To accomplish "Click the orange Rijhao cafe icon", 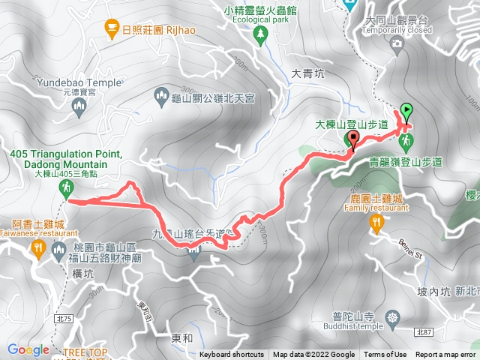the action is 111,28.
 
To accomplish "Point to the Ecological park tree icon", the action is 260,34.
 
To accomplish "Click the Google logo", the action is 28,349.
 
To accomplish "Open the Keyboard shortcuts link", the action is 232,355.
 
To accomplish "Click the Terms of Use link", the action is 385,355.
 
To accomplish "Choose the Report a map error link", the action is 446,355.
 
